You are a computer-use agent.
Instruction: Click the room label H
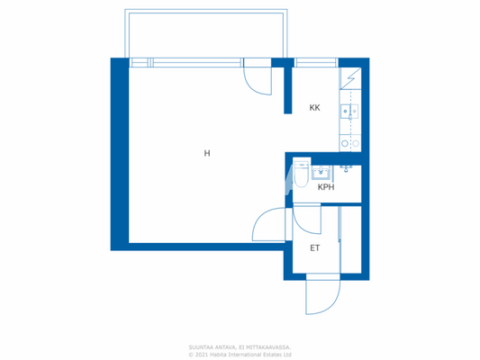pos(206,153)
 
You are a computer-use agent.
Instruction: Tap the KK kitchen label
pos(314,108)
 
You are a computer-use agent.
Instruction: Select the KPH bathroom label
pos(325,187)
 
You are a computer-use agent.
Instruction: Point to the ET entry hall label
pos(315,247)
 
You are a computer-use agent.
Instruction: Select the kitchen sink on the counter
pos(350,112)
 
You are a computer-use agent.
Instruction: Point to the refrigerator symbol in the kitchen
pos(349,80)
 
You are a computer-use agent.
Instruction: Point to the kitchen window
pos(316,62)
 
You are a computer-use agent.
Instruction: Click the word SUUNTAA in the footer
pos(201,346)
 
